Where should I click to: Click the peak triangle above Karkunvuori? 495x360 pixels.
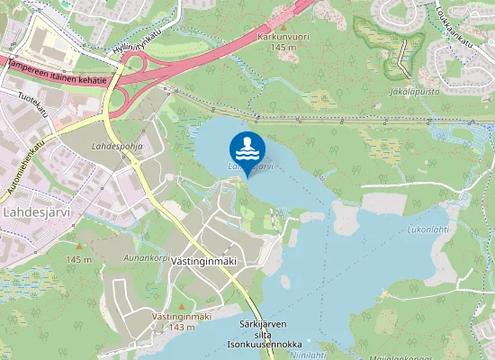(x=283, y=24)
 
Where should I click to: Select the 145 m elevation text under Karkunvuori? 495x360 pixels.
(x=283, y=47)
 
